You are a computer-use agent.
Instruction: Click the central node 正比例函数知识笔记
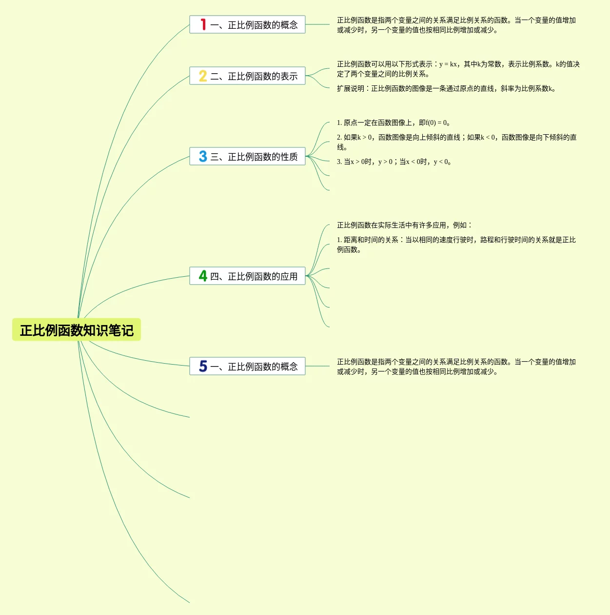click(x=77, y=330)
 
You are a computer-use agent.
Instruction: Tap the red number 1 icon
click(x=203, y=24)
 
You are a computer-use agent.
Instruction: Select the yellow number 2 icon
click(x=203, y=76)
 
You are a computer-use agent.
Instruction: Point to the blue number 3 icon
click(x=203, y=156)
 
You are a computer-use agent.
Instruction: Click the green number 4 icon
click(x=203, y=276)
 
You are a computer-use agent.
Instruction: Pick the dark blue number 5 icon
click(x=203, y=366)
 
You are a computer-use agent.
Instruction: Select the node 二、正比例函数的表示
click(x=254, y=76)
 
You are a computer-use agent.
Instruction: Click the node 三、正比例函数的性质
click(x=254, y=157)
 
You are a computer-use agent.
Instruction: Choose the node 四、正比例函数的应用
click(x=254, y=276)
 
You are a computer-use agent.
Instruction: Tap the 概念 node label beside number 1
click(x=254, y=25)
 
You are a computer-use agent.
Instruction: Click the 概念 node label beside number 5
click(x=254, y=367)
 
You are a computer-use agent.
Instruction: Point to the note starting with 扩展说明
click(x=446, y=88)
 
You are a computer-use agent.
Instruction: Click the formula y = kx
click(x=448, y=64)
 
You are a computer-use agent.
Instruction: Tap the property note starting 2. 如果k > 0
click(x=456, y=142)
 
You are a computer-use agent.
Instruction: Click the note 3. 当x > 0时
click(x=394, y=162)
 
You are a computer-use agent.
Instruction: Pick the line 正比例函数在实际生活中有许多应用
click(x=404, y=225)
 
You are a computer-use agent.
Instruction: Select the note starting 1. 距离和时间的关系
click(x=456, y=245)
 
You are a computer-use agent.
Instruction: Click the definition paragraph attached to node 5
click(x=456, y=367)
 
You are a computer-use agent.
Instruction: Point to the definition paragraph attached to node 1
click(x=456, y=25)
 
